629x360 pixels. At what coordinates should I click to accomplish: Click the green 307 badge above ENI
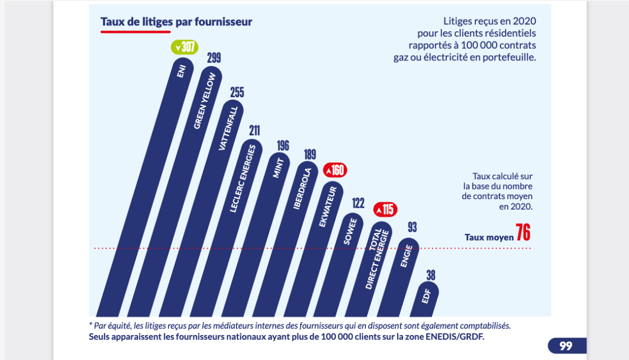(x=184, y=47)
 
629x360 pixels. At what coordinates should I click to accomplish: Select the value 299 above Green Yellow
(x=214, y=58)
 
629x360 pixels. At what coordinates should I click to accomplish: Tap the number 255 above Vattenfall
(x=237, y=92)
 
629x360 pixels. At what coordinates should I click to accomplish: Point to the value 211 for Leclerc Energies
(x=254, y=131)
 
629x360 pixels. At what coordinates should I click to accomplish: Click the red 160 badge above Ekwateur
(x=335, y=170)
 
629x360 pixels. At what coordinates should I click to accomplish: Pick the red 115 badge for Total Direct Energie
(x=385, y=209)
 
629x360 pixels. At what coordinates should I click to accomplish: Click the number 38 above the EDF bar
(x=430, y=276)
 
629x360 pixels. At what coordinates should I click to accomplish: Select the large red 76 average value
(x=523, y=233)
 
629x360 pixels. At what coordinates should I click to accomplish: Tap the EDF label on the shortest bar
(x=427, y=296)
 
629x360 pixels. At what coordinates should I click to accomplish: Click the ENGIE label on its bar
(x=406, y=256)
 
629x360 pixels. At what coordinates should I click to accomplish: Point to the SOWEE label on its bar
(x=350, y=232)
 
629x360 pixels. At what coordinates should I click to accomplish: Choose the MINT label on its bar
(x=278, y=168)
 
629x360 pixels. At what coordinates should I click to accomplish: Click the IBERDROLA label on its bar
(x=302, y=189)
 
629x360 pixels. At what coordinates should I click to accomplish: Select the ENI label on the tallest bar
(x=181, y=71)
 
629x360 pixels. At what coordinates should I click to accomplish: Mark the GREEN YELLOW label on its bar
(x=205, y=101)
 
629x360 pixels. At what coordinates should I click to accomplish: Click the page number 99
(x=566, y=346)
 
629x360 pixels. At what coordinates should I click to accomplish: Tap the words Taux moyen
(x=489, y=237)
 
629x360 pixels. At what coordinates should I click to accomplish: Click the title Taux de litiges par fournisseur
(x=176, y=22)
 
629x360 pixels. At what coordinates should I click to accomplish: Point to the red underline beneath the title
(x=135, y=32)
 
